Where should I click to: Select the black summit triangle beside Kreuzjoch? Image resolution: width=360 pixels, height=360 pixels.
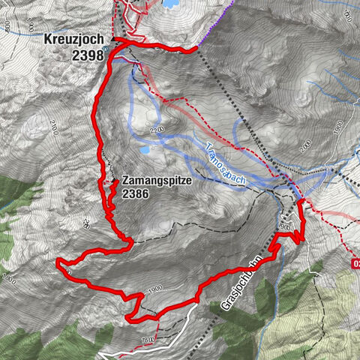point(114,37)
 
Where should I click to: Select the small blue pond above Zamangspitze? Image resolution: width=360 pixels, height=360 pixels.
point(143,150)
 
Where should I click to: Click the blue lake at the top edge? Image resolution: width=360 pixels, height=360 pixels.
point(171,4)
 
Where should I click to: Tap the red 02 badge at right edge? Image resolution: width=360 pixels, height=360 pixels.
point(355,263)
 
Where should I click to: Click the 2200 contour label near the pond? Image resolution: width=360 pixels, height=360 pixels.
point(155,132)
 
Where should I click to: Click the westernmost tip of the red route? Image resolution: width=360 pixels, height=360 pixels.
point(58,261)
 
